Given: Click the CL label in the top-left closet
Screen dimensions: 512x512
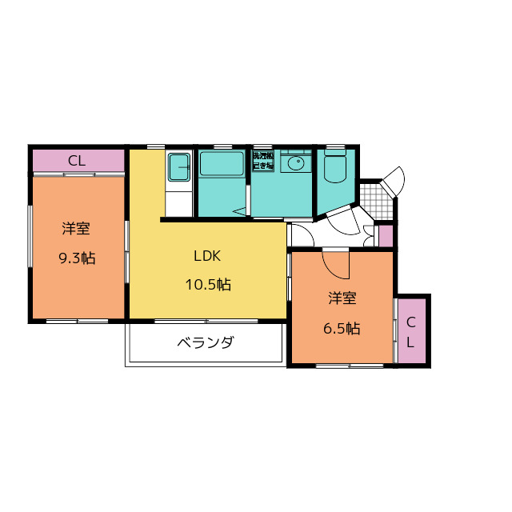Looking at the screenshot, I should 77,161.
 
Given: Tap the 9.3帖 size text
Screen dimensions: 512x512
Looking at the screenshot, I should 77,258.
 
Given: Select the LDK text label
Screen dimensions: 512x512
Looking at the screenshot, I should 206,257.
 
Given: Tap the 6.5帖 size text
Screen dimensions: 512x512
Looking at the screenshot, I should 342,328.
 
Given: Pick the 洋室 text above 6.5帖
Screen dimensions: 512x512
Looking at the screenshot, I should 342,299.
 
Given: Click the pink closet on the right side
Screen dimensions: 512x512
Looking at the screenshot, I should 411,331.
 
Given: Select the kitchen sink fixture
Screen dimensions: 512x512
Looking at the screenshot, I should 178,168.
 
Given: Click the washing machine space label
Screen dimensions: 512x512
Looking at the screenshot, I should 263,159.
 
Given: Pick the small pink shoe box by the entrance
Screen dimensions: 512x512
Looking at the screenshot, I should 386,237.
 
